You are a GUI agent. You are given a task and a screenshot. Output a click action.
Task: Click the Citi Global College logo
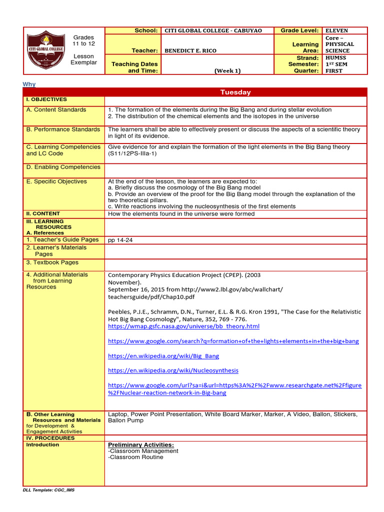45,51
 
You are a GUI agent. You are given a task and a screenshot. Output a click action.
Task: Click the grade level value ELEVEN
336,30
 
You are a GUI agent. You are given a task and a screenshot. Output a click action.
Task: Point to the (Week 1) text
227,70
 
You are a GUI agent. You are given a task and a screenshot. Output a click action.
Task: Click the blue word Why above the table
29,84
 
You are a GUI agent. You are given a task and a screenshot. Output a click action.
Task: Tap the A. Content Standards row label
56,109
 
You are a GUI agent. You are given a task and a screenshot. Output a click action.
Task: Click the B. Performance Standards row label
63,129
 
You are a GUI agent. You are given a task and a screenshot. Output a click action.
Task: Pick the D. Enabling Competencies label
63,167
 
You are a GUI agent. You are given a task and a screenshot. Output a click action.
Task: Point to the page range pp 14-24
120,240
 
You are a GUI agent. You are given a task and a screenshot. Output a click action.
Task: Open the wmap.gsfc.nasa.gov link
183,326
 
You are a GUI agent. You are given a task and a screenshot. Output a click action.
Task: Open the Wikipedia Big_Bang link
163,356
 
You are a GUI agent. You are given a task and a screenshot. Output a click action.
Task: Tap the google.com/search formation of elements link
233,341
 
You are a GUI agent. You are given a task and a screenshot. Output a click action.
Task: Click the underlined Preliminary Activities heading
141,444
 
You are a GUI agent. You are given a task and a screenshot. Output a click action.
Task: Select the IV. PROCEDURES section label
50,438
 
